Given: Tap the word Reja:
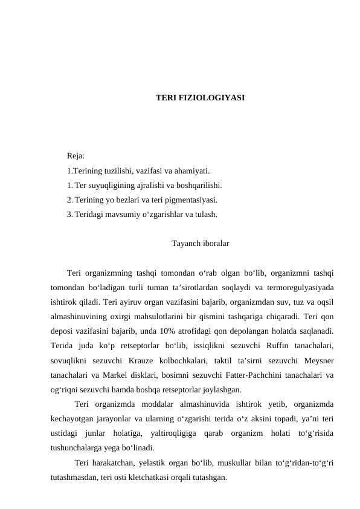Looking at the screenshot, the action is pyautogui.click(x=76, y=157).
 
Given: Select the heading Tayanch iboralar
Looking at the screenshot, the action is pyautogui.click(x=200, y=244).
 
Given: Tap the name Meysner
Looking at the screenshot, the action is pyautogui.click(x=320, y=360).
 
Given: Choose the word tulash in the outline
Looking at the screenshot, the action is pyautogui.click(x=205, y=214).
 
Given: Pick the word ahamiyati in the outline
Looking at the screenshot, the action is pyautogui.click(x=192, y=171).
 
